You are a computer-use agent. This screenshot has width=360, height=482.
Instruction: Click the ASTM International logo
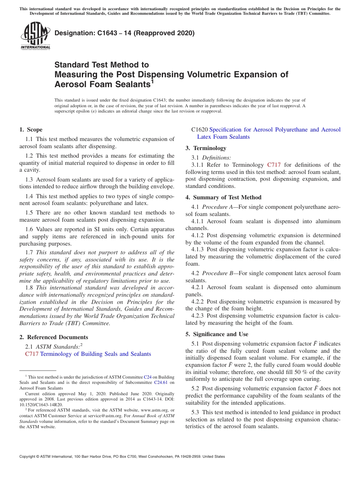(35, 36)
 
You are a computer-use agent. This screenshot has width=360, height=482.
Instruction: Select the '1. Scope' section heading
(31, 130)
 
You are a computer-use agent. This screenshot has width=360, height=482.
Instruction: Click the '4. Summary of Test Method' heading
(223, 197)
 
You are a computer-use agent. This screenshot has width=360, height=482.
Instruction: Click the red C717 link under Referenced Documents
(32, 354)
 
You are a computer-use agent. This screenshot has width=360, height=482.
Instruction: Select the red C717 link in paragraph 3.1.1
(274, 165)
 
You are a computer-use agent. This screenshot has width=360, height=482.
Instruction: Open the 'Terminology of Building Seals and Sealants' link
(95, 354)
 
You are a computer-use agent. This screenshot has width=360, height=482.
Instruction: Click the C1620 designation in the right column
(199, 130)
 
